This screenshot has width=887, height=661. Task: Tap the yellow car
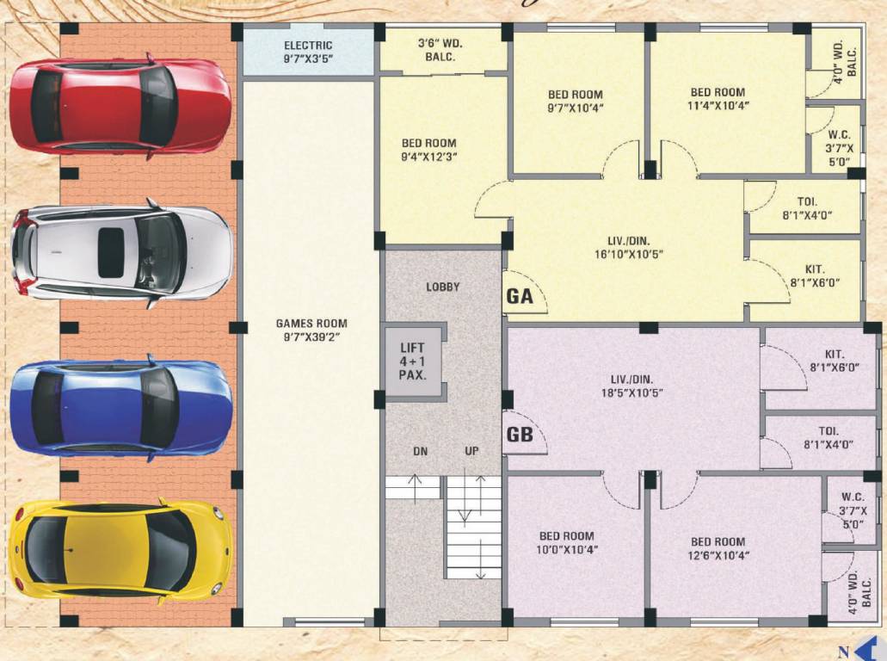[120, 549]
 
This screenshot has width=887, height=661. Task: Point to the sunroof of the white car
[110, 253]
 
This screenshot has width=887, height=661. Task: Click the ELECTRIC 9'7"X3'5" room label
[308, 53]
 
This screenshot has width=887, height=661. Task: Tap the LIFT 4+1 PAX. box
[413, 361]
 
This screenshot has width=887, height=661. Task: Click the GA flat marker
[520, 297]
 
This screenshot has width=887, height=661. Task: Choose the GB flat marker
[520, 435]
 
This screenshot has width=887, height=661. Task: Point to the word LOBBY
[443, 287]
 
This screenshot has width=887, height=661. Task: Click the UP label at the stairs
[471, 451]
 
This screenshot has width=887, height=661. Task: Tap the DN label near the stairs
[420, 451]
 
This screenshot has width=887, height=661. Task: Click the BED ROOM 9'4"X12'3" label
[428, 151]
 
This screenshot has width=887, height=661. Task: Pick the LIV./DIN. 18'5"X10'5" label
[631, 386]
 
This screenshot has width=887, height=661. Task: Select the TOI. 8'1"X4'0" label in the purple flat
[828, 437]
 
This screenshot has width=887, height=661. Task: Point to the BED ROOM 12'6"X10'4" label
[718, 548]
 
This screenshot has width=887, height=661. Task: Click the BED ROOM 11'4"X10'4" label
[718, 98]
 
